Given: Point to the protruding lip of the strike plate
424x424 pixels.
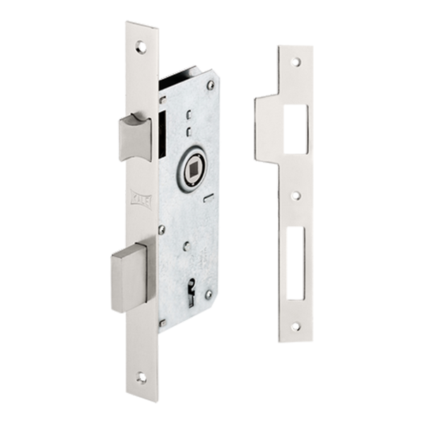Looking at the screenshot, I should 266,120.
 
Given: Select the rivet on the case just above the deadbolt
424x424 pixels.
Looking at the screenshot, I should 161,228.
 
